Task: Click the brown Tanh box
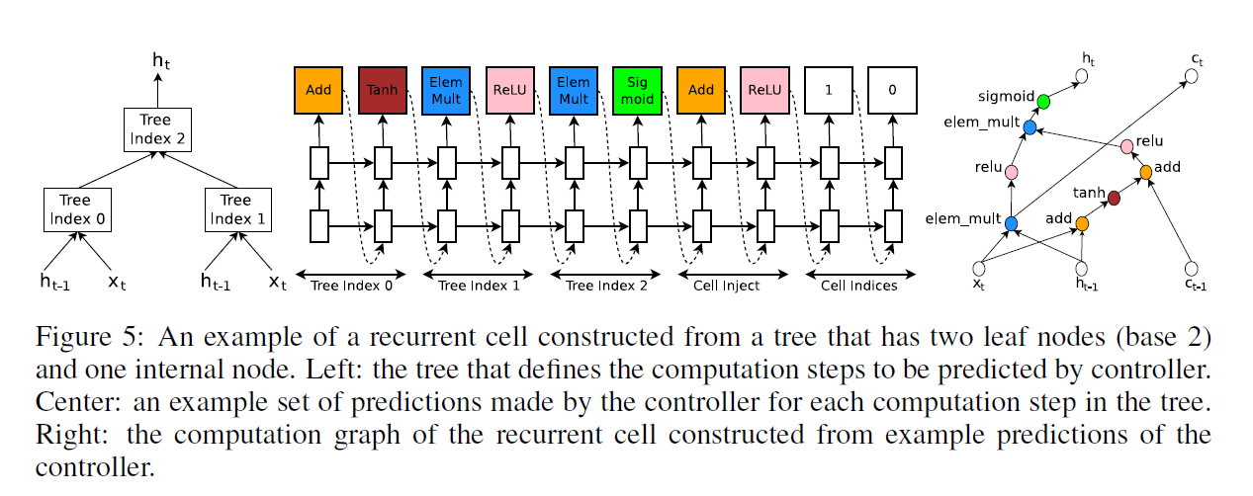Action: (x=382, y=90)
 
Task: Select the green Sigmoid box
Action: (x=637, y=90)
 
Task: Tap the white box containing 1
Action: (x=829, y=90)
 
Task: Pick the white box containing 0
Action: (x=892, y=90)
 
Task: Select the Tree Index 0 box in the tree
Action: (x=76, y=209)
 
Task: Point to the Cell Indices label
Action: (x=859, y=286)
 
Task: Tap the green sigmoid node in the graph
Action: (x=1043, y=101)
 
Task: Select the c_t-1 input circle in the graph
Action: (x=1193, y=268)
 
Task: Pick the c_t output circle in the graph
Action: (x=1193, y=75)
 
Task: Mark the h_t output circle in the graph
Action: (x=1084, y=75)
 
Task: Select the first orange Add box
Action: (x=318, y=90)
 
